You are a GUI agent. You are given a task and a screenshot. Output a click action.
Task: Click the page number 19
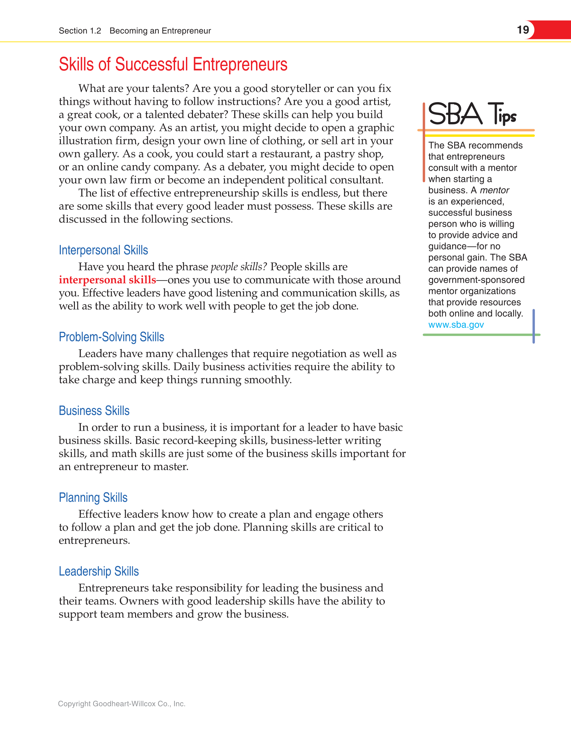tap(523, 30)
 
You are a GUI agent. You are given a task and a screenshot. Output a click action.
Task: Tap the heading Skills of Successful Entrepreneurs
tap(173, 64)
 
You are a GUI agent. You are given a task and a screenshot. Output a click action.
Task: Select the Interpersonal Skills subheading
tap(103, 250)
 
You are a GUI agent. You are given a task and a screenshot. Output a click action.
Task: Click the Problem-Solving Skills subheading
tap(111, 337)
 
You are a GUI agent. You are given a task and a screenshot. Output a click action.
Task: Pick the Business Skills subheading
tap(94, 411)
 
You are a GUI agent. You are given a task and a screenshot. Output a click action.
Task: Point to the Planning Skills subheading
tap(93, 497)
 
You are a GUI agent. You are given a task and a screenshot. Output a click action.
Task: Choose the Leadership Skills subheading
tap(99, 571)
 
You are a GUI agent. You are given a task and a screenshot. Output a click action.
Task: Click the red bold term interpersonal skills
tap(107, 280)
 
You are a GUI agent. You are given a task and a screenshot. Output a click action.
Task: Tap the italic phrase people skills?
tap(238, 267)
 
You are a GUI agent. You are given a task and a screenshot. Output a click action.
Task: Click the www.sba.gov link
tap(456, 325)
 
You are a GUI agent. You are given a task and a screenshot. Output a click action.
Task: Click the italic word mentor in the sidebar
tap(495, 190)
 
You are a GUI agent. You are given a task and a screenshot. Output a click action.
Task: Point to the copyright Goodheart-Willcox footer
tap(122, 703)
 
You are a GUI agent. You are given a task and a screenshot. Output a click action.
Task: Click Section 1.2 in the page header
tap(80, 31)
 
